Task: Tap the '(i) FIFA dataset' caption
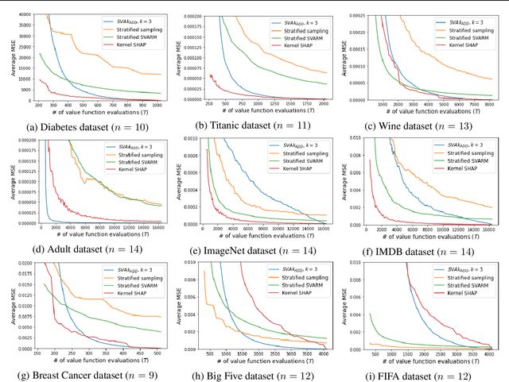(x=425, y=376)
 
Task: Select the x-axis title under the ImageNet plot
(x=258, y=236)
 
